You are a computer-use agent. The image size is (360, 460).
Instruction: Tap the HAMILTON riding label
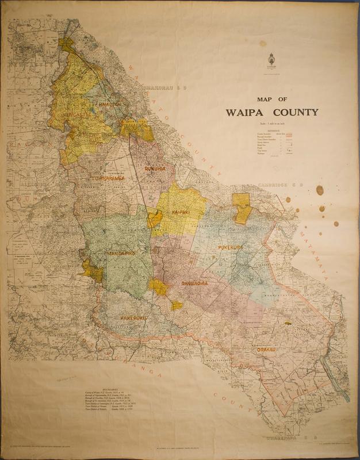(109, 103)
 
